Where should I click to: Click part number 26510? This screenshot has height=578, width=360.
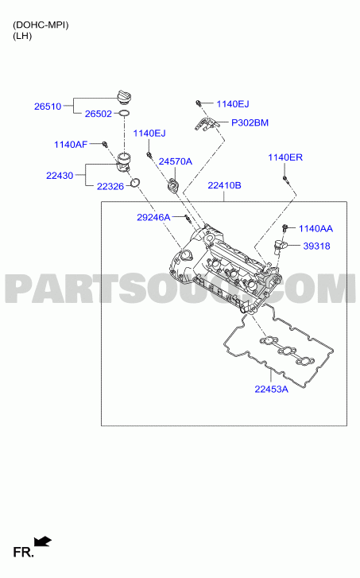point(48,107)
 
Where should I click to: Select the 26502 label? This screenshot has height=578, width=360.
point(99,114)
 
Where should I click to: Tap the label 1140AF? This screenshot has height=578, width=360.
point(71,145)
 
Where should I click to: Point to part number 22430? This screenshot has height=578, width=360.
point(60,176)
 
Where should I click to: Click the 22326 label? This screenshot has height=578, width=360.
point(110,187)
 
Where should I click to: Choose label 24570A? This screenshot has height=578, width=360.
point(176,161)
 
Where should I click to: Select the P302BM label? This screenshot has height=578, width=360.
point(250,122)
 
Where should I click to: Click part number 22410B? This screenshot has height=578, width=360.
point(224,185)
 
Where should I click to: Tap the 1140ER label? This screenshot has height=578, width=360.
point(285,157)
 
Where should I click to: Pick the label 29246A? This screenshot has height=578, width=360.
point(153,218)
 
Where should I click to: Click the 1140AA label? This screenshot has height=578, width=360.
point(315,228)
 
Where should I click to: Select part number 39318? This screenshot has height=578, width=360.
point(316,246)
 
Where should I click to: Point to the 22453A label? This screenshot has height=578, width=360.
point(272,389)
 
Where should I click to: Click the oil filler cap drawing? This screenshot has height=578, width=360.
point(123,96)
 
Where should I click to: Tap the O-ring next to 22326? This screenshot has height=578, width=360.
point(135,182)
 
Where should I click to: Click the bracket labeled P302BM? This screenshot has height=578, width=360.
point(207,124)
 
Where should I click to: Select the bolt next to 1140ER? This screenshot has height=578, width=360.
point(285,179)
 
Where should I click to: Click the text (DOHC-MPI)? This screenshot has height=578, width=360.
point(41,25)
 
